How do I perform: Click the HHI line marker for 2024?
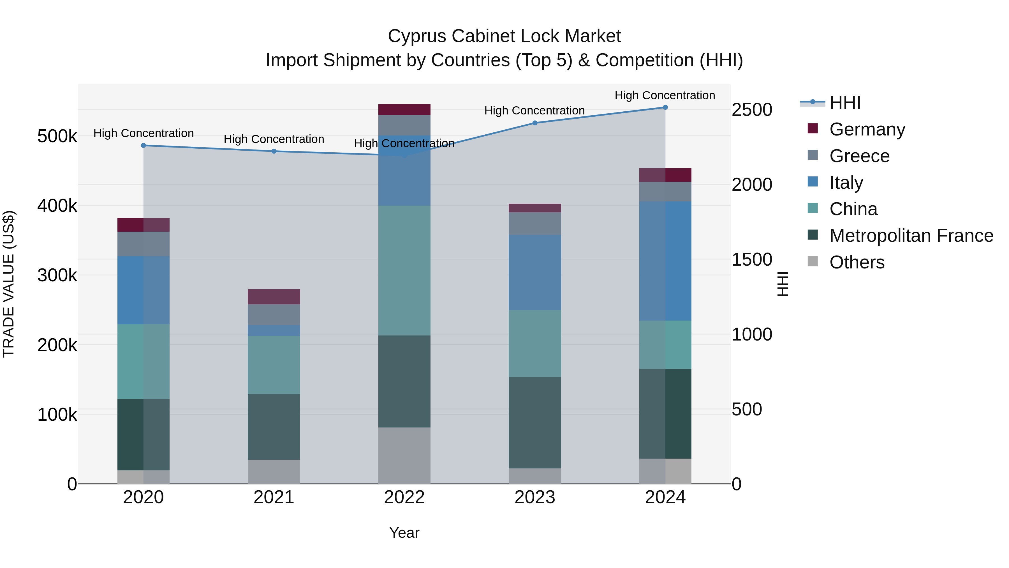pyautogui.click(x=665, y=107)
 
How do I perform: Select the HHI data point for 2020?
pyautogui.click(x=143, y=145)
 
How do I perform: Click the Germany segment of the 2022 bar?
pyautogui.click(x=404, y=110)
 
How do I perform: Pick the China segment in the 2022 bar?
pyautogui.click(x=404, y=270)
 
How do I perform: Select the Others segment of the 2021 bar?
pyautogui.click(x=274, y=472)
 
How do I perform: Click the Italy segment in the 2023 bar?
pyautogui.click(x=535, y=272)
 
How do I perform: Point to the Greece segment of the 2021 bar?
pyautogui.click(x=274, y=314)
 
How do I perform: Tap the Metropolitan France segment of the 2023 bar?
pyautogui.click(x=535, y=423)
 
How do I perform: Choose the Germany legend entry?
pyautogui.click(x=867, y=129)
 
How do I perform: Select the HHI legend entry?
pyautogui.click(x=845, y=103)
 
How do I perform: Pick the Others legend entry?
pyautogui.click(x=857, y=262)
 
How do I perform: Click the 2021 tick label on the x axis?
pyautogui.click(x=274, y=497)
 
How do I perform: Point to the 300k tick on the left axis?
pyautogui.click(x=57, y=275)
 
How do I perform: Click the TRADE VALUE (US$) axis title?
pyautogui.click(x=9, y=284)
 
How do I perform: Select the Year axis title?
pyautogui.click(x=404, y=533)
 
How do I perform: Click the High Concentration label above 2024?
pyautogui.click(x=665, y=95)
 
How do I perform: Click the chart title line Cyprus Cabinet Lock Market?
pyautogui.click(x=504, y=36)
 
